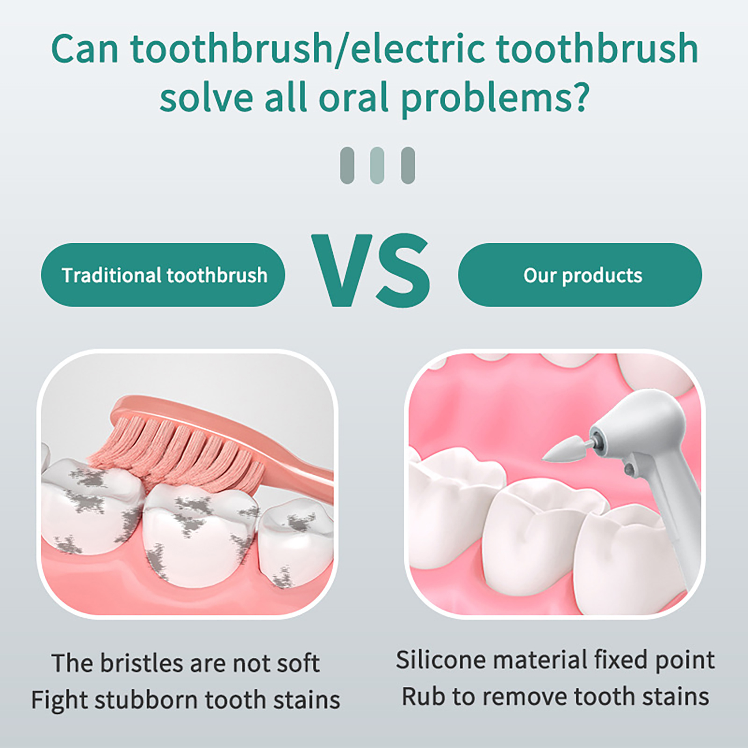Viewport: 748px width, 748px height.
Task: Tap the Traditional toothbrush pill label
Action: click(163, 275)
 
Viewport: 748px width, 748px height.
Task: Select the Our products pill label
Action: click(580, 275)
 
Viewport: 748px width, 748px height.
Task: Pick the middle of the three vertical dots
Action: click(377, 165)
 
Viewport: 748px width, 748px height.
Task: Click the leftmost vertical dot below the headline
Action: click(347, 165)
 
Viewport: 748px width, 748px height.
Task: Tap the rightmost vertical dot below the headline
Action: click(408, 165)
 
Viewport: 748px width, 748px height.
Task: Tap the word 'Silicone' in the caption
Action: click(441, 660)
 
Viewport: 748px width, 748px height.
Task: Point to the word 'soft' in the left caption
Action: click(299, 663)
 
